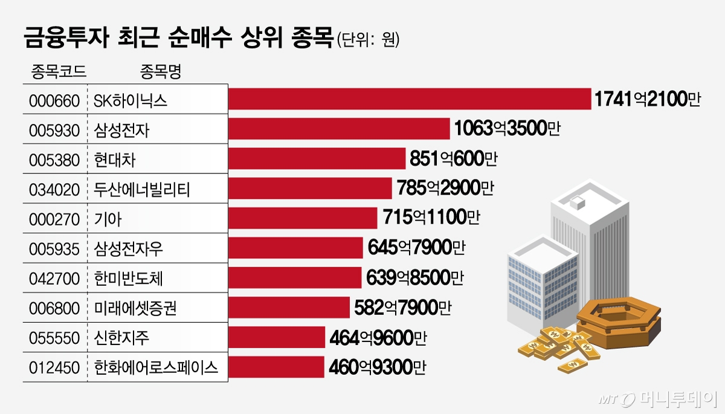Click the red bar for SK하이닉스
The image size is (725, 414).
(410, 99)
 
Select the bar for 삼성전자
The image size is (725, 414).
(339, 129)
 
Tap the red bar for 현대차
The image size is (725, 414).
(317, 158)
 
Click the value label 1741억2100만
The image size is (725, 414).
(647, 99)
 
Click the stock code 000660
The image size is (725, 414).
(54, 100)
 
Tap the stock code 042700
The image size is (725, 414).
(54, 279)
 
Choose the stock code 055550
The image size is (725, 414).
(54, 338)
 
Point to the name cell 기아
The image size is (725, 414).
(109, 219)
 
